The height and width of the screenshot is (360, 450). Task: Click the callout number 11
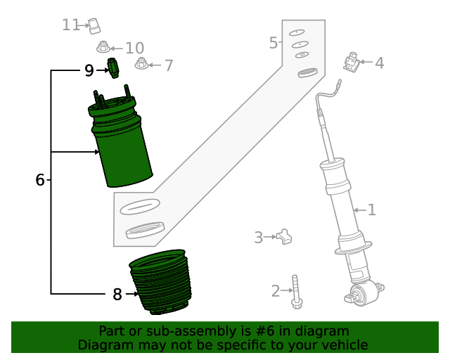coord(70,25)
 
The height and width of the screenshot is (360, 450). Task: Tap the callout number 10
coord(134,48)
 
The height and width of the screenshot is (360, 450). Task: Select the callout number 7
coord(168,66)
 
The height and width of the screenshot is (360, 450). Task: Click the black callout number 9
coord(89,70)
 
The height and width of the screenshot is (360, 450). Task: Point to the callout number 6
coord(40,180)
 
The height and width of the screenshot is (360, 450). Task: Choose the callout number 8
coord(117,295)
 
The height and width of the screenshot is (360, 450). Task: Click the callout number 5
coord(274,44)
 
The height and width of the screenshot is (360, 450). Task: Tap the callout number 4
coord(379,63)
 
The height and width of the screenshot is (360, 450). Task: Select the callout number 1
coord(372,210)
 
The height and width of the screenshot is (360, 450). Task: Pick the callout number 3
coord(258,238)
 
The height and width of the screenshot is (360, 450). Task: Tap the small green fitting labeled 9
coord(112,68)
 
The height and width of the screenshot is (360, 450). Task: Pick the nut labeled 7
coord(141,64)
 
